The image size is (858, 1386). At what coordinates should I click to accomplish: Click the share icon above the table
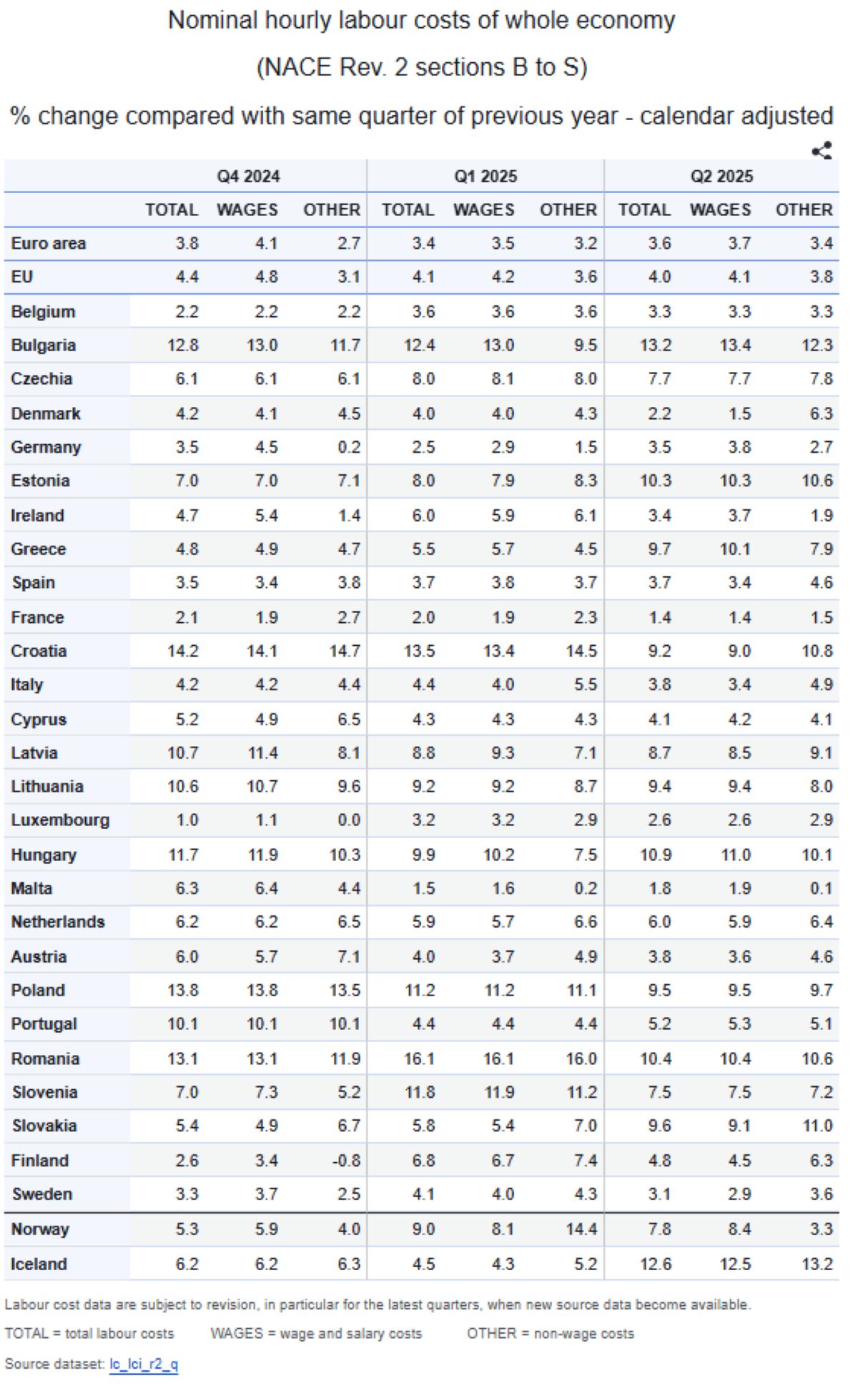pos(822,151)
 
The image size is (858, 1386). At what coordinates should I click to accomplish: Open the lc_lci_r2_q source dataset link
pos(143,1364)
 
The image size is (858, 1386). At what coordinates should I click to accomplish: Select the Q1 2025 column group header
pos(485,177)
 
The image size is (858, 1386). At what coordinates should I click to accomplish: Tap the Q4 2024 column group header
pos(249,177)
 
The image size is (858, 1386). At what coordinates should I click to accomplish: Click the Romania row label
pos(45,1058)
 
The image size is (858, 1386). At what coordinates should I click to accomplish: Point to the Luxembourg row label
pos(60,820)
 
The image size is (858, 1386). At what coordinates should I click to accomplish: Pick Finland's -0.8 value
pos(346,1160)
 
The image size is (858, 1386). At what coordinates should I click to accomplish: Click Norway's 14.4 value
pos(581,1229)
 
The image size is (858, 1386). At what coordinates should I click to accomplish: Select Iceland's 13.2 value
pos(817,1264)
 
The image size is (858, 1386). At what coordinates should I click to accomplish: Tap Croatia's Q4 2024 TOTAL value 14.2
pos(183,651)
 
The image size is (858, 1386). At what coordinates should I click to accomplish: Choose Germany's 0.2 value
pos(349,447)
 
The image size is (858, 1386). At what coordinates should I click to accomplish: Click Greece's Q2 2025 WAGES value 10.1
pos(735,549)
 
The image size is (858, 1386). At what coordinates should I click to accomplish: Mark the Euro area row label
pos(48,243)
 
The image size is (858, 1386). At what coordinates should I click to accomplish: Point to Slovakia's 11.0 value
pos(817,1126)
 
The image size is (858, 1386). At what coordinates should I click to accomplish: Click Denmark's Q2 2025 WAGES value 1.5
pos(739,413)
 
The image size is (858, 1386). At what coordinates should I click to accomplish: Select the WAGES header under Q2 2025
pos(720,210)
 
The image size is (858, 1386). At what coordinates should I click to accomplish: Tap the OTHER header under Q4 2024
pos(332,210)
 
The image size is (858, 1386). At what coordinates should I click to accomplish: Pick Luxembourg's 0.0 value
pos(349,820)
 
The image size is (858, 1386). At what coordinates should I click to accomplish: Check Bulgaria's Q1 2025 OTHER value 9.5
pos(585,345)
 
